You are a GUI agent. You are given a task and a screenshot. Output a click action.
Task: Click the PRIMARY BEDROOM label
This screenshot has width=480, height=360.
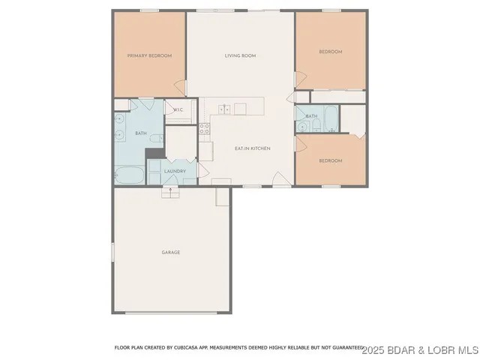point(149,55)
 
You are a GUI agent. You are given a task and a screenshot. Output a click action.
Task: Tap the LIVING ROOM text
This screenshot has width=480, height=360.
point(241,55)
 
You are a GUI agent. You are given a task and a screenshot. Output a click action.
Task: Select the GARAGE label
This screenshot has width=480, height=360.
point(171,252)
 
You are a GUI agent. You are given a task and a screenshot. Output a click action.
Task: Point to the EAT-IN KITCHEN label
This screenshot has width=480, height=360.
point(252,148)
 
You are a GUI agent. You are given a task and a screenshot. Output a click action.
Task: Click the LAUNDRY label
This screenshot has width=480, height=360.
point(175,172)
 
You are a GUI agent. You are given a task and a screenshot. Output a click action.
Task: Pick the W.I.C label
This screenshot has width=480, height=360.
point(178,110)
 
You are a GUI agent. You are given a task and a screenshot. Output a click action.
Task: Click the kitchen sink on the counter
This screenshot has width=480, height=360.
point(224,109)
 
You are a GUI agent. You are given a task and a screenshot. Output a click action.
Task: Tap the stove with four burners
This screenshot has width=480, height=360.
point(205,128)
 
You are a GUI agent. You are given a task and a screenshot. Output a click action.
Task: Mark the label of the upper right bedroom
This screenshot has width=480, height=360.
point(331,52)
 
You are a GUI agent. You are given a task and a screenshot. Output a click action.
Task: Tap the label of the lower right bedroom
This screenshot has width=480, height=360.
point(331,160)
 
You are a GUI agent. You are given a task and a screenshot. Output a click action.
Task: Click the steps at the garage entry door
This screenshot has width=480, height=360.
point(171,192)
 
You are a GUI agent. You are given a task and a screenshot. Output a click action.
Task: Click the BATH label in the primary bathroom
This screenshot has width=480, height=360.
point(140,133)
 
